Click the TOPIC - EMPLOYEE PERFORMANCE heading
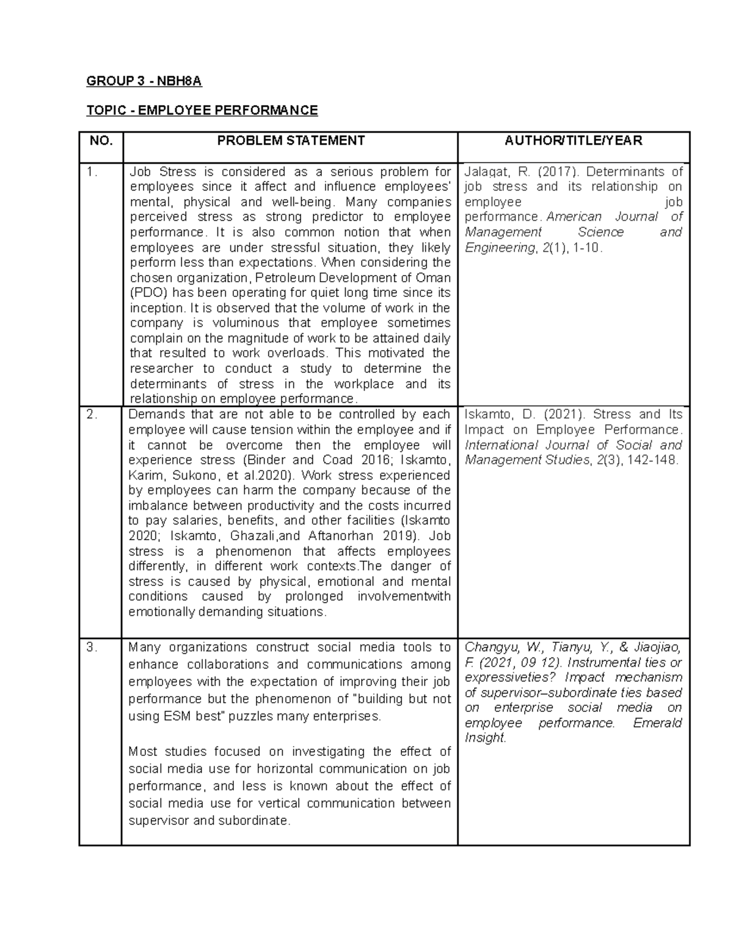(x=202, y=111)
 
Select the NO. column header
(x=101, y=141)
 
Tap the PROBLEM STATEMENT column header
(x=291, y=141)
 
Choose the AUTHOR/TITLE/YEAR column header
(x=573, y=141)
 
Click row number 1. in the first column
(x=92, y=172)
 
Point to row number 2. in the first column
(x=92, y=415)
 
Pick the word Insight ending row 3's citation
(x=485, y=738)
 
